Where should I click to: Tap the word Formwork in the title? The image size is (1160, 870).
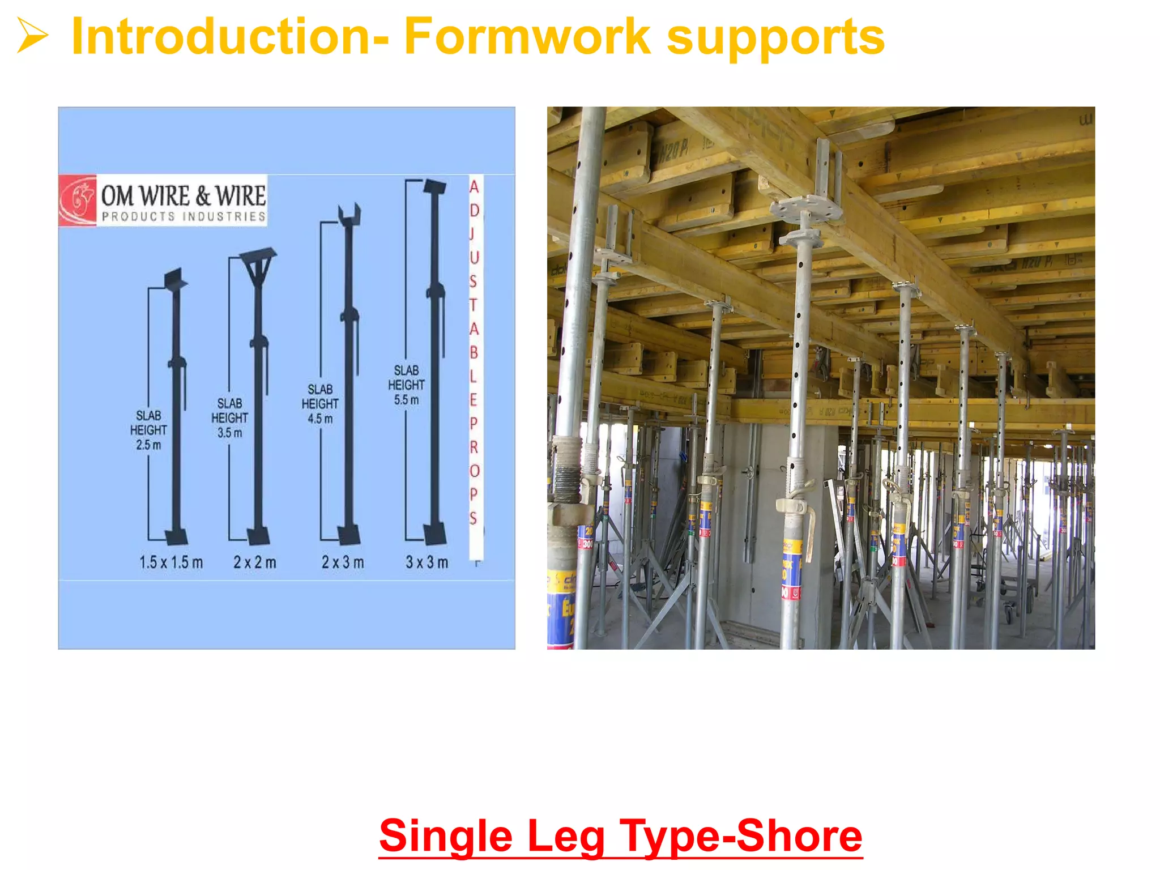click(x=527, y=37)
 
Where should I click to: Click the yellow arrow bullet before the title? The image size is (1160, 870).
click(x=32, y=35)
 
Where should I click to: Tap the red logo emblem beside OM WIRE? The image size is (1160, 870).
click(x=78, y=201)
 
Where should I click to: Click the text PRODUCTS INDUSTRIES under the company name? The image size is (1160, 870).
click(x=184, y=216)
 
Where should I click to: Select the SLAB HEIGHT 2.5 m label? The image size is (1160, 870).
click(x=148, y=430)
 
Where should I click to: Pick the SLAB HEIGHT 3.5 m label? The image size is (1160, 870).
click(x=229, y=418)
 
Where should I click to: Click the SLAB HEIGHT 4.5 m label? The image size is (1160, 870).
click(x=320, y=404)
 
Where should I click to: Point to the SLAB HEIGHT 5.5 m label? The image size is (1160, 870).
click(x=406, y=385)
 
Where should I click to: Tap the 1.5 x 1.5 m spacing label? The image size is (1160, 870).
click(x=171, y=562)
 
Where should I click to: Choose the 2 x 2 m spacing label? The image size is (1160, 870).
click(x=255, y=562)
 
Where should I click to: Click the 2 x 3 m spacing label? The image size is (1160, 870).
click(x=343, y=562)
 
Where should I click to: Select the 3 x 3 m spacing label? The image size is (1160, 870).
click(x=427, y=562)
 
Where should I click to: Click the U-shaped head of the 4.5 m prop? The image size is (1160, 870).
click(x=349, y=214)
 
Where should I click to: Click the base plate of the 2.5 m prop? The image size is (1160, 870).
click(x=176, y=536)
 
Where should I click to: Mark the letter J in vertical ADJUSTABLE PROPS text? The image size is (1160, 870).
click(x=472, y=233)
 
